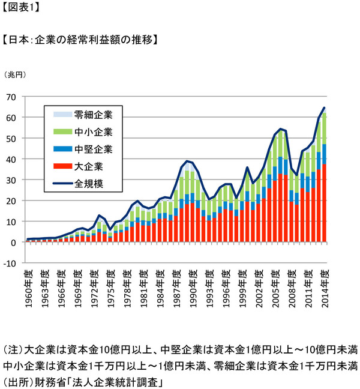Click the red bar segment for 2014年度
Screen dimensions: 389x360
click(x=325, y=204)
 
